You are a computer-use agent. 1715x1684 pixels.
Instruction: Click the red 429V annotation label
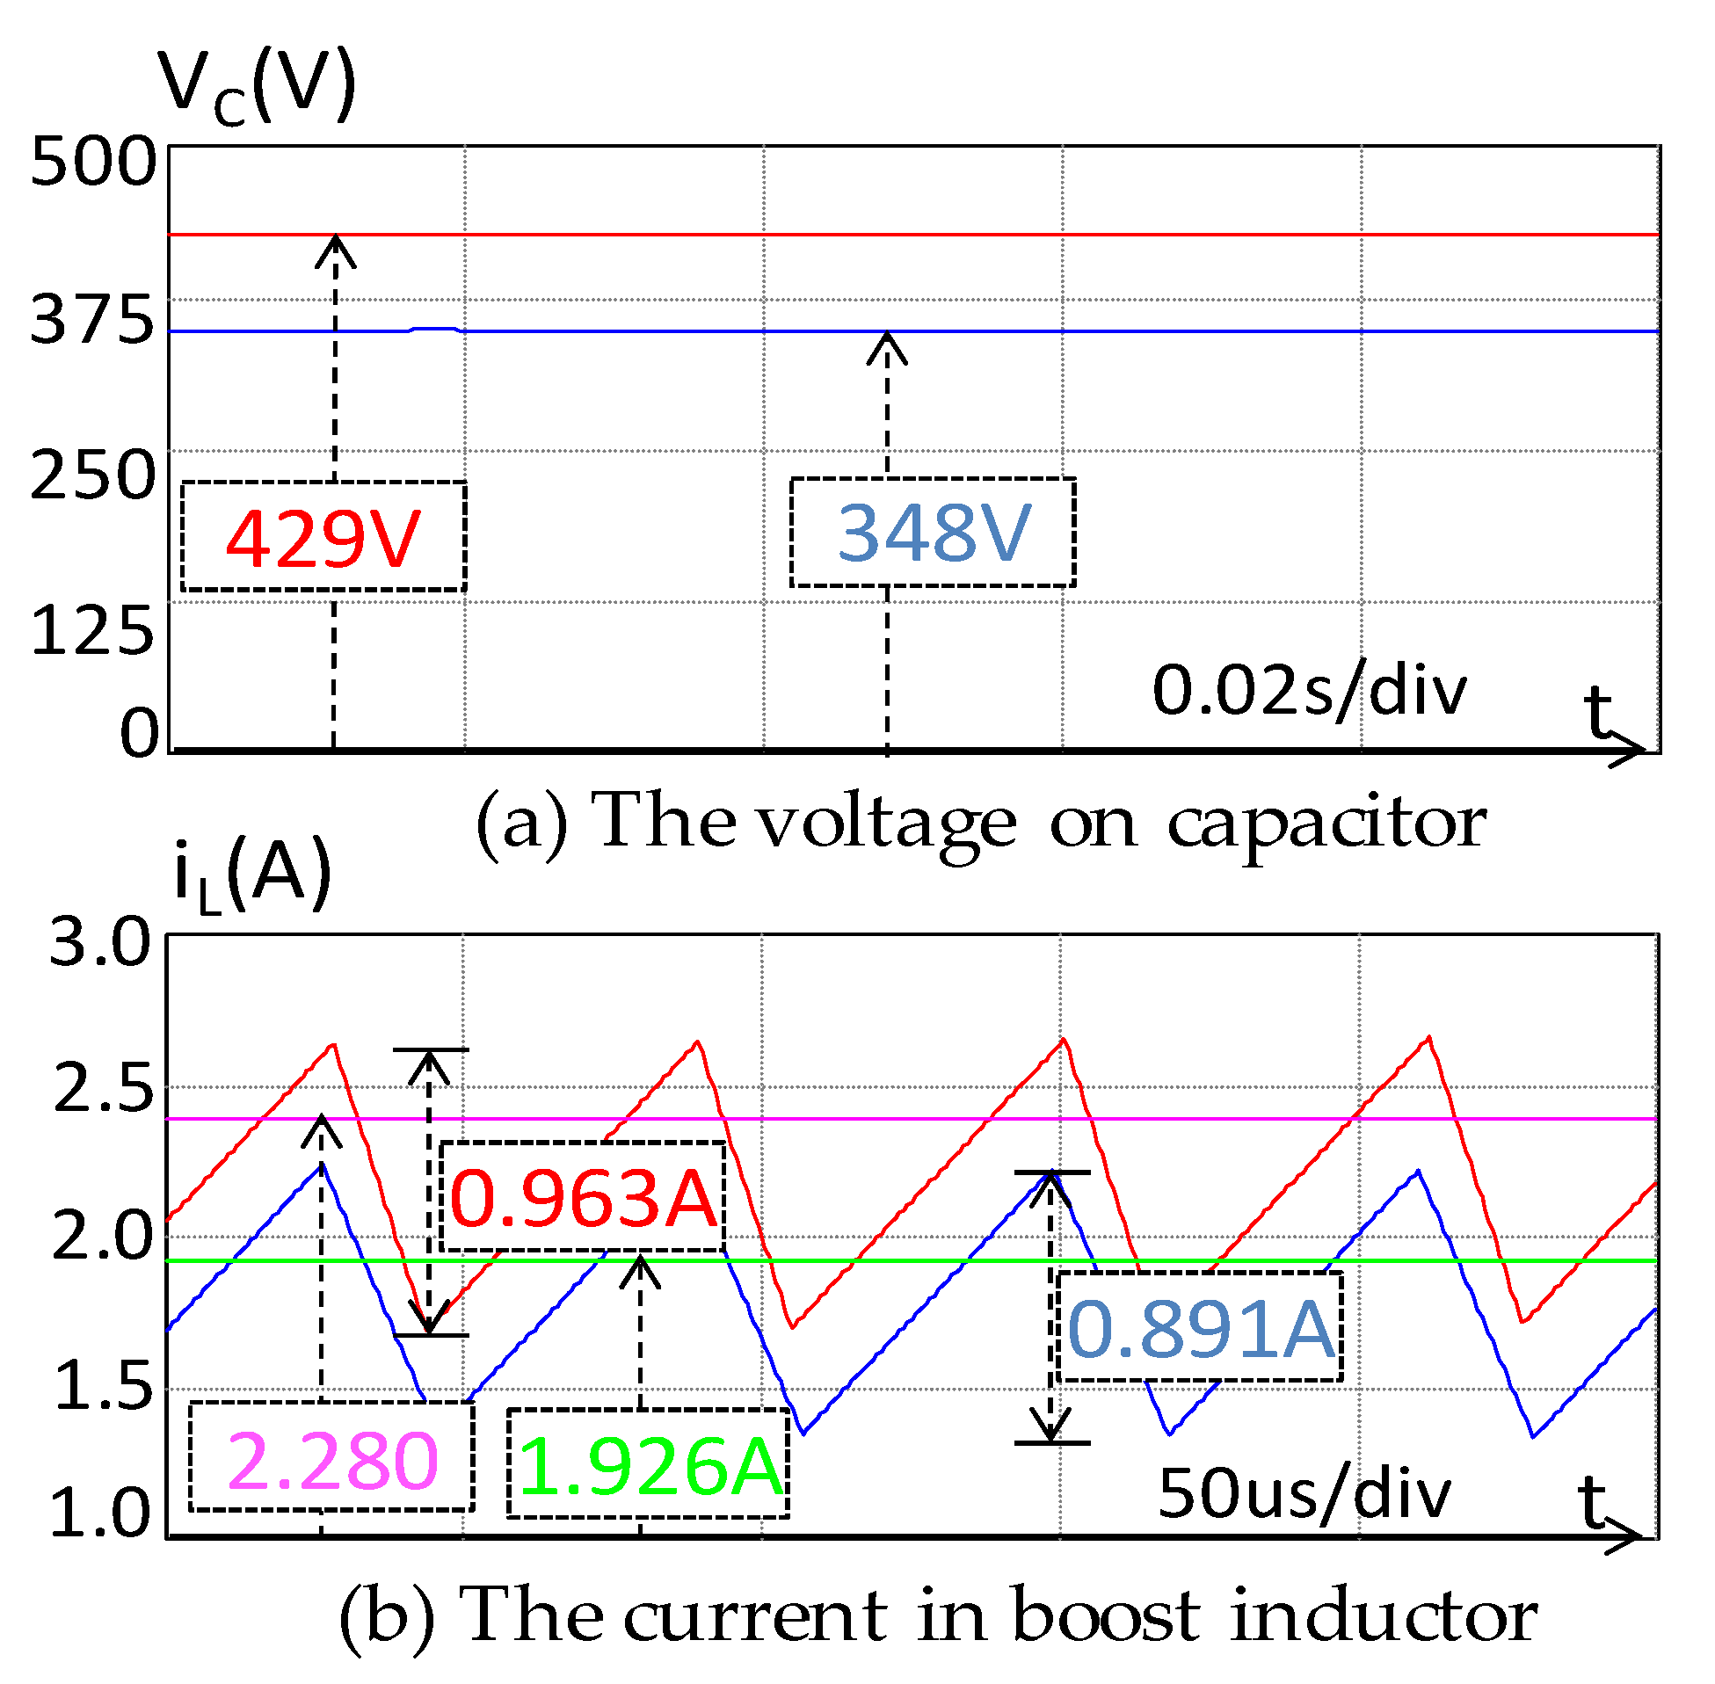tap(323, 537)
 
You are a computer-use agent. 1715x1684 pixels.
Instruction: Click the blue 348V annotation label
tap(934, 533)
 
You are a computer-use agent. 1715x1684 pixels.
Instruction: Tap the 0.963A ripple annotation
tap(583, 1198)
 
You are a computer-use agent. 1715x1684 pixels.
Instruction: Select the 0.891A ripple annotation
tap(1201, 1329)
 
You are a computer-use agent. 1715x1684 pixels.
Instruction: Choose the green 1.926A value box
tap(650, 1467)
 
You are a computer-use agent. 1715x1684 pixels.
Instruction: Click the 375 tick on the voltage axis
tap(93, 319)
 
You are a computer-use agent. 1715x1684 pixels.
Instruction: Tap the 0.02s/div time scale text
tap(1309, 691)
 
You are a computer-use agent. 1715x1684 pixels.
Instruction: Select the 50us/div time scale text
tap(1304, 1494)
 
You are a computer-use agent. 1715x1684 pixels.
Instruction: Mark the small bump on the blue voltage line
tap(433, 329)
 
